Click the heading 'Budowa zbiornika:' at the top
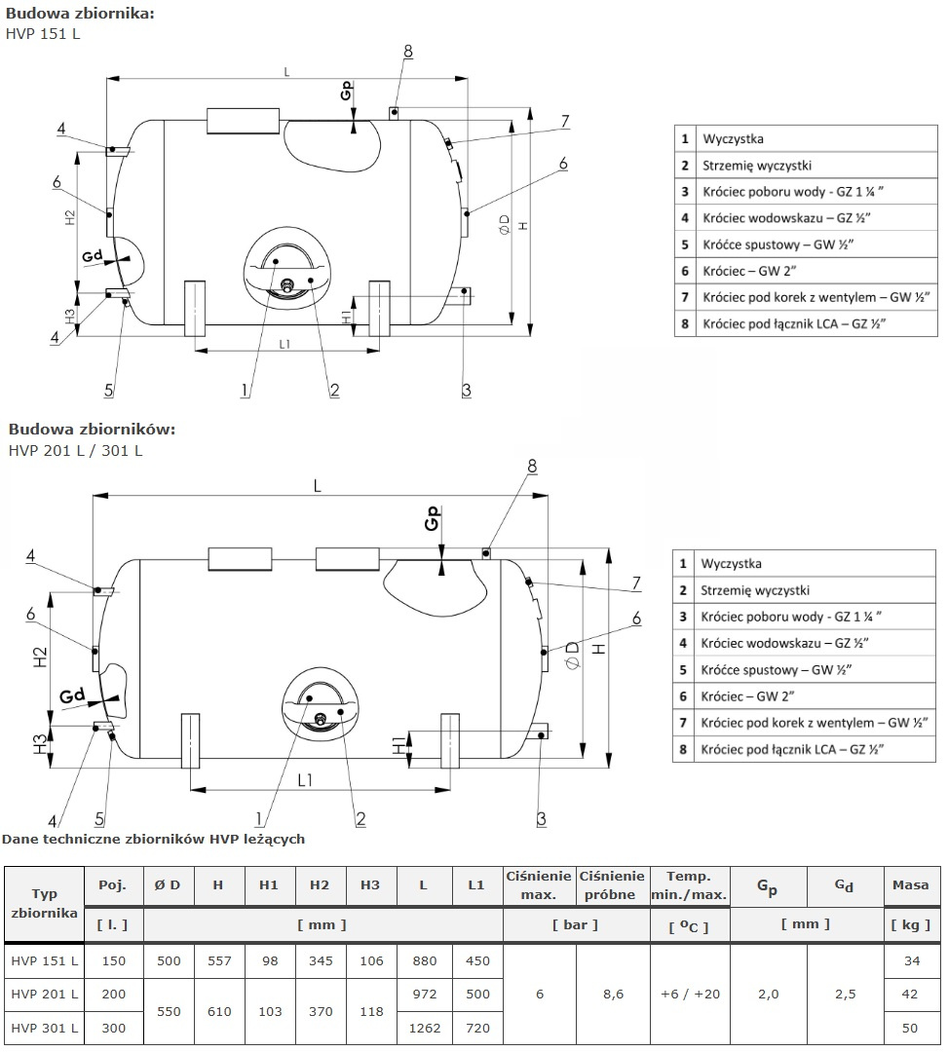pos(80,14)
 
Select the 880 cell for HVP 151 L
pos(423,960)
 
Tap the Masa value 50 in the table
pos(910,1029)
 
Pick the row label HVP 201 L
pos(45,995)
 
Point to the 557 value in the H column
pos(219,960)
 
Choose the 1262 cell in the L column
pos(423,1029)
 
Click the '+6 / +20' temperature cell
pos(689,995)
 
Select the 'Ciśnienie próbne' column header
pos(613,885)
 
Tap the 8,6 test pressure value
pos(613,995)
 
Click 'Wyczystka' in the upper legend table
pos(733,139)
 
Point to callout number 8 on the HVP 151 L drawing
pos(407,51)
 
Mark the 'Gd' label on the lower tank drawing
pos(71,695)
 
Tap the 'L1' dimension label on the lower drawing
pos(305,779)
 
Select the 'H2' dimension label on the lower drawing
pos(39,657)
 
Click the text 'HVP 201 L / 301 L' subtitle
pos(75,450)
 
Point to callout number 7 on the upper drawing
pos(564,121)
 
